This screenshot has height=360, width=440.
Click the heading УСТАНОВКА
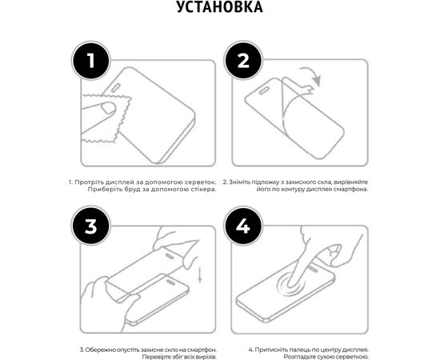coord(220,9)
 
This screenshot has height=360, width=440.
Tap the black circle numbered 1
coord(91,61)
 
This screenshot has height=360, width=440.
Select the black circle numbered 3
coord(91,226)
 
